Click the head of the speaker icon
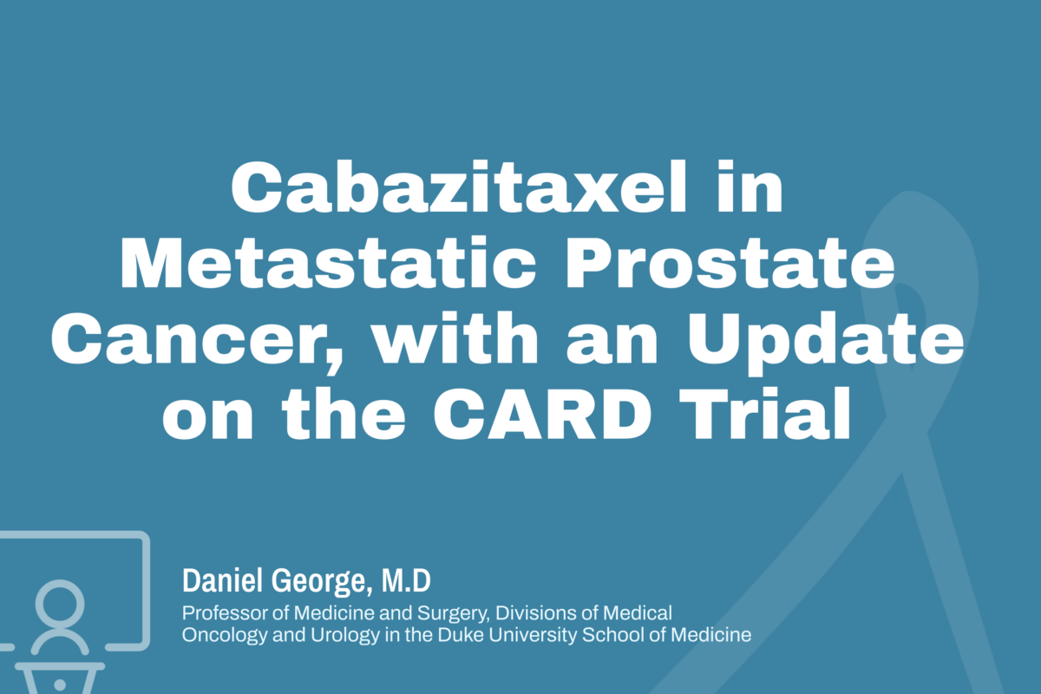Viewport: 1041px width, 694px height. point(62,603)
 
